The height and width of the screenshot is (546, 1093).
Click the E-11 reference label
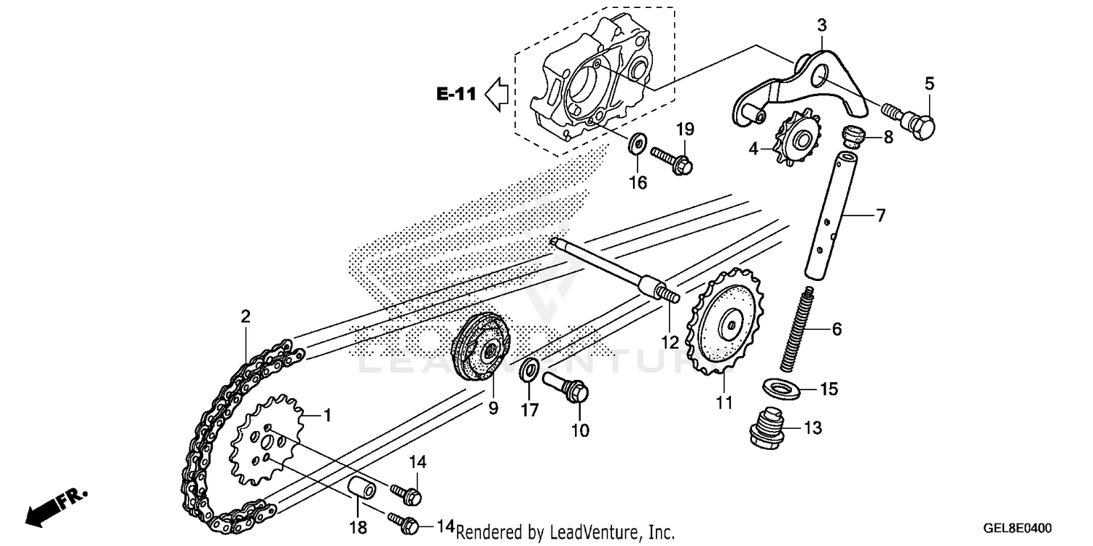click(456, 94)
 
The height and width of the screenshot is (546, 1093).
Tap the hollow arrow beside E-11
click(498, 94)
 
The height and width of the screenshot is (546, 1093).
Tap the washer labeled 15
click(783, 387)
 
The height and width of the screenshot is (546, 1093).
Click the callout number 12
click(670, 341)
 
